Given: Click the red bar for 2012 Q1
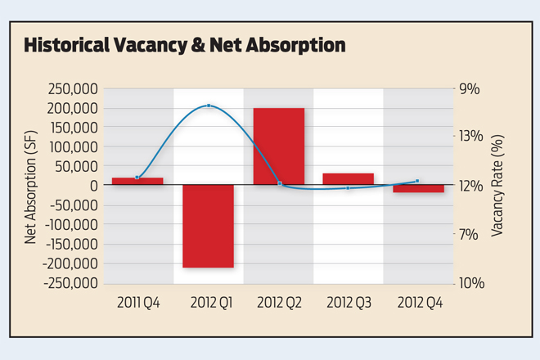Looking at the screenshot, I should click(x=208, y=226).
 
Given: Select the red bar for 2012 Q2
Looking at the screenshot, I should click(x=279, y=146).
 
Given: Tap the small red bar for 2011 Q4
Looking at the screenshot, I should click(x=137, y=181).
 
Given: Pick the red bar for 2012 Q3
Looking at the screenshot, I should click(x=349, y=178).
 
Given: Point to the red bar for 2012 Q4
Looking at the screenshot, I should click(x=417, y=188).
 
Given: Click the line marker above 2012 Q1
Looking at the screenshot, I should click(x=209, y=106).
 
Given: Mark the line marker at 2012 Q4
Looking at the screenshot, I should click(x=417, y=181).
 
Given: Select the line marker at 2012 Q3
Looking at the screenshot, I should click(x=349, y=188).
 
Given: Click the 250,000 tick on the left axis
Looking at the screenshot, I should click(x=74, y=88).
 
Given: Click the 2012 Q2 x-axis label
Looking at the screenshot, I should click(x=279, y=302).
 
